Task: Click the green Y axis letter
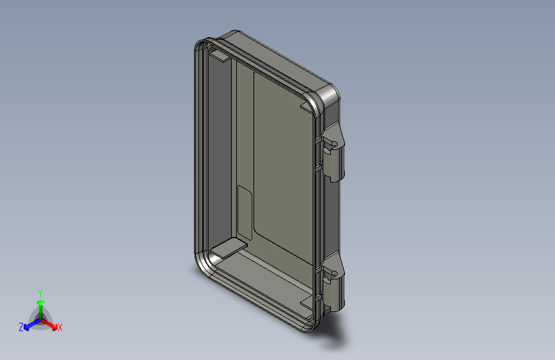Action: (40, 292)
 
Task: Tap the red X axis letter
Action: (60, 327)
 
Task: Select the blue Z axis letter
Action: (21, 327)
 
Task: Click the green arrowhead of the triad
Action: (40, 301)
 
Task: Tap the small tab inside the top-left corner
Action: (219, 57)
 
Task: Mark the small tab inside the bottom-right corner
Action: (306, 300)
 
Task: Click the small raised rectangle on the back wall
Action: (245, 205)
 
